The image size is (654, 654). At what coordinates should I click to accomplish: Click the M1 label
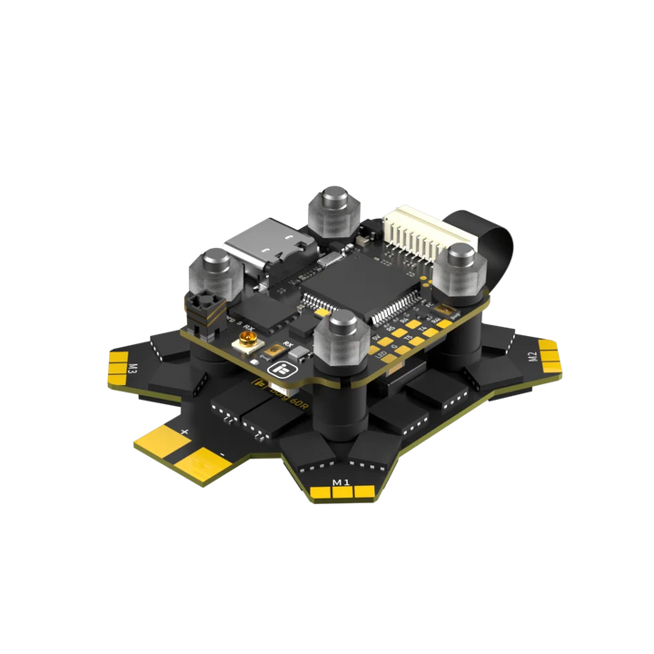click(342, 481)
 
